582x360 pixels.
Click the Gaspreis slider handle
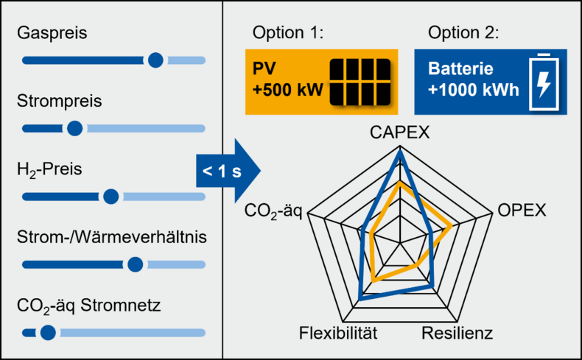[x=155, y=60]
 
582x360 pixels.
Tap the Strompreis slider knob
[x=74, y=128]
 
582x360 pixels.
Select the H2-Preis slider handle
[x=111, y=197]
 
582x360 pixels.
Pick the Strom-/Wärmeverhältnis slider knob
[x=135, y=264]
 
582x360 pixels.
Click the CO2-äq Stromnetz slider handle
[x=48, y=333]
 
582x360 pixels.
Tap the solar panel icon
[x=360, y=81]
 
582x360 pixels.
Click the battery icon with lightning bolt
[x=542, y=82]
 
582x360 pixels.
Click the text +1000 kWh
[x=474, y=92]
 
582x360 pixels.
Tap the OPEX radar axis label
[x=522, y=210]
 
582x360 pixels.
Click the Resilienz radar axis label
[x=457, y=333]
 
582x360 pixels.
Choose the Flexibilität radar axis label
[x=338, y=333]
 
